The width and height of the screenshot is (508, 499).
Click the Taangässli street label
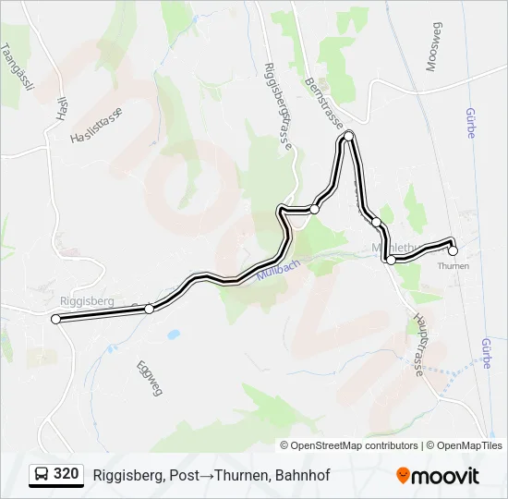(18, 67)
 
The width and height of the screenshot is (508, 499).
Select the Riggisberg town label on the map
(86, 301)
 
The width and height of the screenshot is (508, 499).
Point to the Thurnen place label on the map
(454, 266)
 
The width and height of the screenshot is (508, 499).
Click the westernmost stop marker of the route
(56, 319)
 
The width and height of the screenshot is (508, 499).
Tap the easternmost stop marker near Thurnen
(453, 250)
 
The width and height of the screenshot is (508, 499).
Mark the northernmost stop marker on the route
(348, 137)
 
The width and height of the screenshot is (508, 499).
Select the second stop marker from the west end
(149, 309)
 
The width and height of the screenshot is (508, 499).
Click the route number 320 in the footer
(66, 474)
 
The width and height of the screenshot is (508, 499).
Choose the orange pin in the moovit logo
(404, 476)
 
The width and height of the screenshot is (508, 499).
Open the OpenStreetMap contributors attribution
(355, 445)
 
